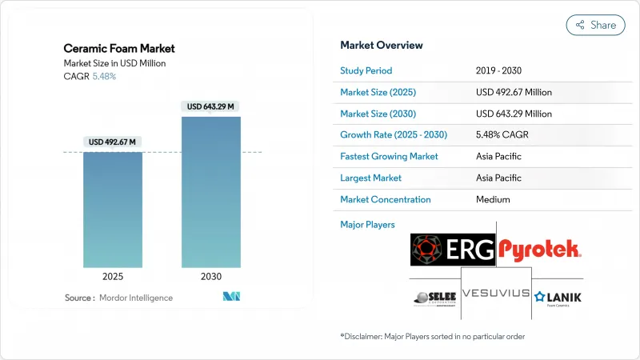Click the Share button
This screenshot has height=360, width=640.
point(596,25)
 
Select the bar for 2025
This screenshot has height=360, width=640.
point(113,210)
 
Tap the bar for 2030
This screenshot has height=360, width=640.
point(211,192)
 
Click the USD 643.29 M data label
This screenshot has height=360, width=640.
point(211,106)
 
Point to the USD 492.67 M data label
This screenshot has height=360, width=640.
point(113,142)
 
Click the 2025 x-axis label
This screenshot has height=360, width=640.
point(113,276)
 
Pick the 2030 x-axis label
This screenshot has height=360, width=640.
point(211,276)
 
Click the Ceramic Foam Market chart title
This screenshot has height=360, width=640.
point(119,48)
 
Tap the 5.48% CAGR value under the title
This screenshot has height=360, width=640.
point(104,77)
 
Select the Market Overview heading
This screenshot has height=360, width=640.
point(382,45)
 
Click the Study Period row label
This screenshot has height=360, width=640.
point(366,70)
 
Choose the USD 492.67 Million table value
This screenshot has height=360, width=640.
point(514,92)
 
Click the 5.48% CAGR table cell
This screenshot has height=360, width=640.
point(502,134)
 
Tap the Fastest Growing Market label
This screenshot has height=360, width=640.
point(389,156)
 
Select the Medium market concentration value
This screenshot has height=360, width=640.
point(493,199)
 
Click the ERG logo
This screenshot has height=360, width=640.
point(453,250)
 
